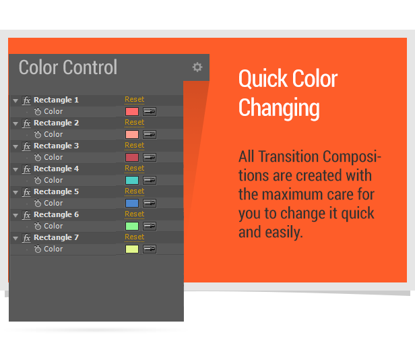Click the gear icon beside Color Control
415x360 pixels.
[x=197, y=67]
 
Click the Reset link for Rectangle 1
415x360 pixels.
[x=135, y=99]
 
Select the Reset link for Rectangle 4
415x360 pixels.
[x=135, y=169]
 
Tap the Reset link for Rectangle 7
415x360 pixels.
[x=135, y=237]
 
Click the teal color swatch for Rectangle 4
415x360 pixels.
[x=132, y=181]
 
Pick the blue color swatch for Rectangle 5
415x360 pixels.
[x=132, y=203]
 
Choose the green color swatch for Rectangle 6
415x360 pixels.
[x=132, y=227]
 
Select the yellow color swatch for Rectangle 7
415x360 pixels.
[x=132, y=249]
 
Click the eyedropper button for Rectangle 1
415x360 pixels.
[x=150, y=111]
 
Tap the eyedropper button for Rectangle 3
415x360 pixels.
[x=150, y=157]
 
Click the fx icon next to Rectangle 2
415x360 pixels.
[x=26, y=123]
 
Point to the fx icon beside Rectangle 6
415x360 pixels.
[x=26, y=215]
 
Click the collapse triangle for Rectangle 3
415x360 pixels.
[x=15, y=146]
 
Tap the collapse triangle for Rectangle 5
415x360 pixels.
[x=15, y=192]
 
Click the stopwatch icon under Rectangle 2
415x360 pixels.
[x=38, y=134]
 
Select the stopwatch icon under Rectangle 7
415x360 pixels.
[x=38, y=249]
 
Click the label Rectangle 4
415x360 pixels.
[x=56, y=169]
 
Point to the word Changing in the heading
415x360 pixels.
[x=279, y=108]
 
